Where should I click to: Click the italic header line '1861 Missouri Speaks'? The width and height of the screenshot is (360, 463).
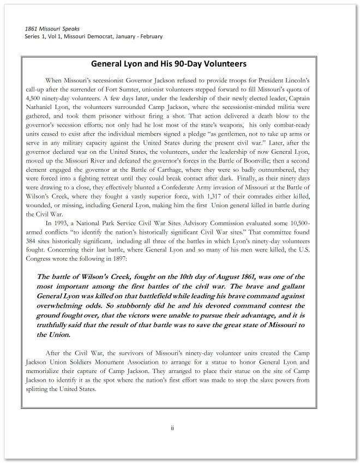click(52, 28)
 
